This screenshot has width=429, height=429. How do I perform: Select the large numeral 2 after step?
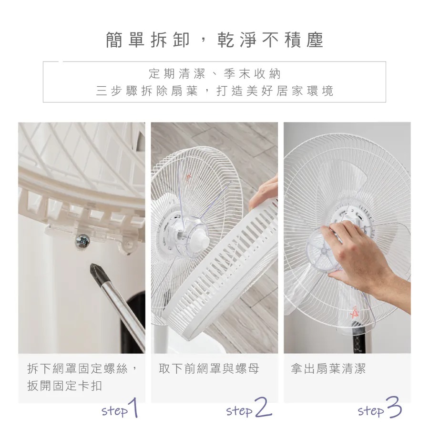click(262, 409)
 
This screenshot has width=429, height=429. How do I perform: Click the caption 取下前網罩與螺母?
click(209, 368)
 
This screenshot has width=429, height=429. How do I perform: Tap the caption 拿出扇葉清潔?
click(328, 368)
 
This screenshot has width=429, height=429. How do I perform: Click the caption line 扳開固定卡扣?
click(65, 386)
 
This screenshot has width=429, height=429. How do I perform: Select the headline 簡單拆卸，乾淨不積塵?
click(214, 41)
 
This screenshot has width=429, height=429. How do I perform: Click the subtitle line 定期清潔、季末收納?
click(214, 74)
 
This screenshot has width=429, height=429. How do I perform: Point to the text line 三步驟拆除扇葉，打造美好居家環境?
click(214, 91)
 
